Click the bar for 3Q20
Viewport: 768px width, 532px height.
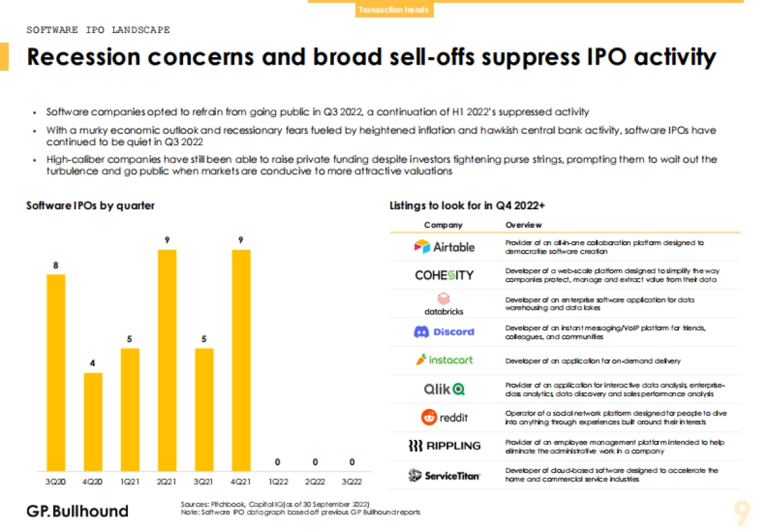(x=56, y=373)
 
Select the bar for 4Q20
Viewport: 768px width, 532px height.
(x=93, y=422)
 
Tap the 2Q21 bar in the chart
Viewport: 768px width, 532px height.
(x=167, y=360)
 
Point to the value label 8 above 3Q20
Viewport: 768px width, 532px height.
(x=56, y=264)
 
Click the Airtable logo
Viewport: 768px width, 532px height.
(x=444, y=246)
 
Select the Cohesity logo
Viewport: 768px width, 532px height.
(x=444, y=275)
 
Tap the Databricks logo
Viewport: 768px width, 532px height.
(x=444, y=303)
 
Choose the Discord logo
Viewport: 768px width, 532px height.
(x=444, y=332)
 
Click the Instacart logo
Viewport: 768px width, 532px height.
(x=444, y=360)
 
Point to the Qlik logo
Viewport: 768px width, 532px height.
(x=444, y=389)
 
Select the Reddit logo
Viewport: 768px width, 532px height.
(x=444, y=417)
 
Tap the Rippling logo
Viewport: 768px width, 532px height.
(x=444, y=446)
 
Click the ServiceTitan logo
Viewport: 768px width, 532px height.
(x=444, y=475)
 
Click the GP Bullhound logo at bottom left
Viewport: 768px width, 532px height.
(x=77, y=511)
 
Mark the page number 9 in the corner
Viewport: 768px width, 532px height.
(x=742, y=511)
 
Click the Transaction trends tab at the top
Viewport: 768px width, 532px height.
(x=394, y=10)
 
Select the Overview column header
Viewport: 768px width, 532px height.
(x=523, y=225)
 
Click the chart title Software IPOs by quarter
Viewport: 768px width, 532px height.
(x=90, y=206)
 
